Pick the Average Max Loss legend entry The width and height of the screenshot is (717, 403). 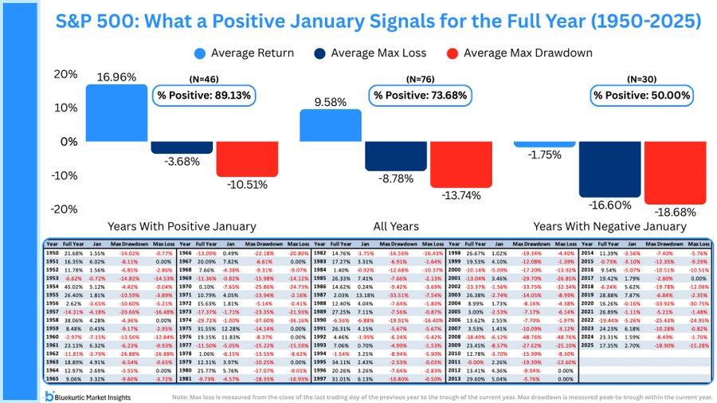374,54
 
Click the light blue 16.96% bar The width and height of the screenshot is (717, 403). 117,113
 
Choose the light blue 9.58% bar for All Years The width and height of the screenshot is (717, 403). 331,126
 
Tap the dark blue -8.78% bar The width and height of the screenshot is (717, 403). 396,156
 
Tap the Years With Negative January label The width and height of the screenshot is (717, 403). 609,226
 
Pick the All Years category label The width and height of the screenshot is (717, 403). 395,226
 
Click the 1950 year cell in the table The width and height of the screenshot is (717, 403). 52,252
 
